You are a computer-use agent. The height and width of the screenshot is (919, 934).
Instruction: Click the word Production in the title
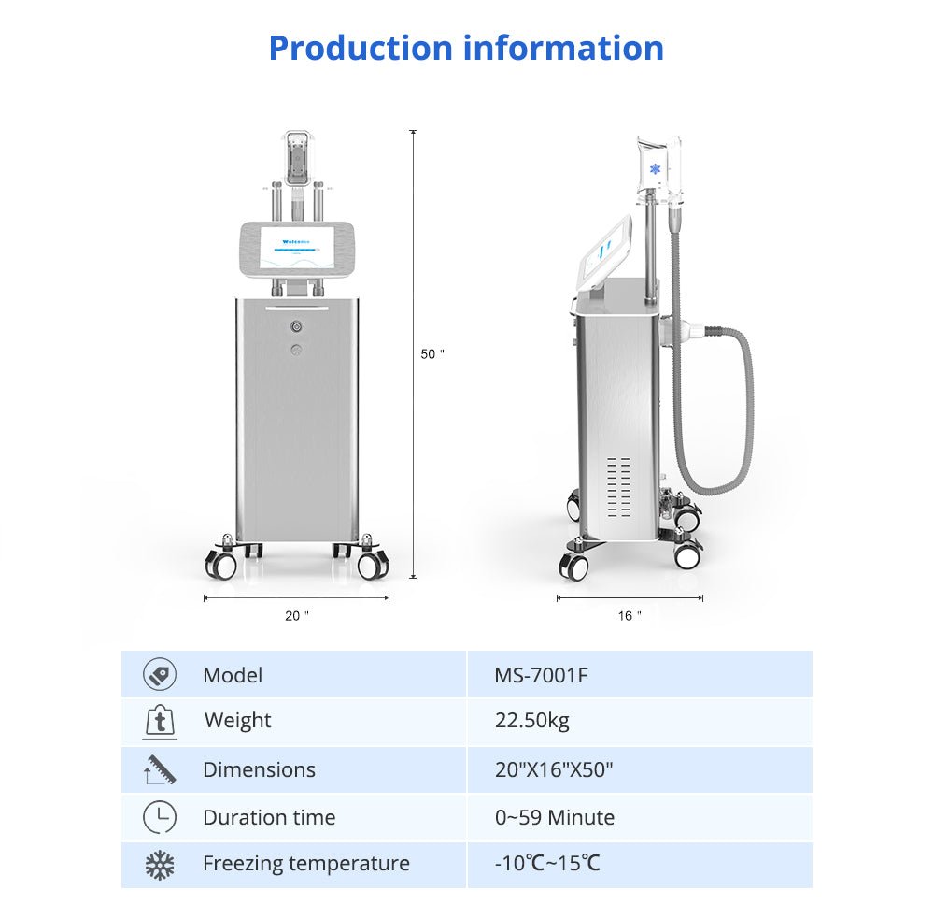361,49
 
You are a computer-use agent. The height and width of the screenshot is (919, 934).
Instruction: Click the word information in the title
563,49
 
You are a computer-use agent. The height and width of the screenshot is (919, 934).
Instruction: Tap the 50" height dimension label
432,354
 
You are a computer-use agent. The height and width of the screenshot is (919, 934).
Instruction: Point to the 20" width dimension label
297,616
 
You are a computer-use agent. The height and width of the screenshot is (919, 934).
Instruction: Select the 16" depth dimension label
630,616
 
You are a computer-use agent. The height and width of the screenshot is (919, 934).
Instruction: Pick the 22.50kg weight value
532,721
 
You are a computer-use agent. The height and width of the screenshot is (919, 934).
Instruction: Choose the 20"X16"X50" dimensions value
554,770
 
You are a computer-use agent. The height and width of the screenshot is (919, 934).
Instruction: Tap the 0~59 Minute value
555,817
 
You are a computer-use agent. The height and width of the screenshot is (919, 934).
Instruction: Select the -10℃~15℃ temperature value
547,863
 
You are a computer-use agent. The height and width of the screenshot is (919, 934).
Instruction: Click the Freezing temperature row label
306,864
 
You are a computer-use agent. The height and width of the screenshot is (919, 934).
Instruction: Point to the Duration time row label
269,817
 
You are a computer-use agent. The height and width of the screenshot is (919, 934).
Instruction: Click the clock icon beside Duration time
160,817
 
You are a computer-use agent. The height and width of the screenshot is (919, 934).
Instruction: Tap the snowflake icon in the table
160,866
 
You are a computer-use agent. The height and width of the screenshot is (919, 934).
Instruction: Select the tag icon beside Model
160,674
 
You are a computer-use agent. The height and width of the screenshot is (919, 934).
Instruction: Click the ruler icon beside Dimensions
160,769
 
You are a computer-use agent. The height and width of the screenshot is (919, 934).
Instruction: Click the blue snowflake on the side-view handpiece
656,169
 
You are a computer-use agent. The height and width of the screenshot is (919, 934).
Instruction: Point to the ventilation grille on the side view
618,487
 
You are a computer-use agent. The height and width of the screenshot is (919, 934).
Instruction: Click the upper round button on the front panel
296,326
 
